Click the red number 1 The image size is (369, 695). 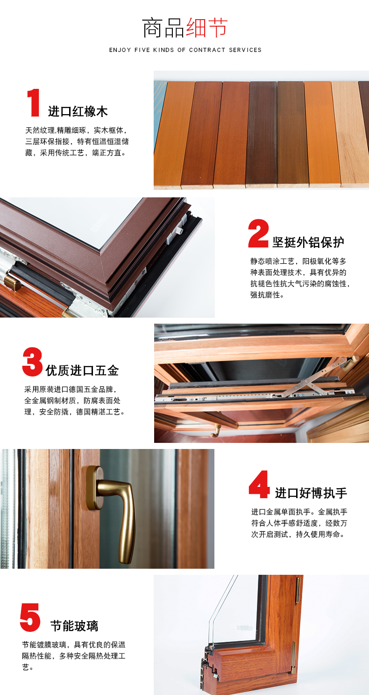pos(34,103)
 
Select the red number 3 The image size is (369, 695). pos(33,362)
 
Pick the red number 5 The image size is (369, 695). pos(30,617)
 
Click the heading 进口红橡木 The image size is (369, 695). pos(78,112)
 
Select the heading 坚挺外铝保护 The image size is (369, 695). pos(308,242)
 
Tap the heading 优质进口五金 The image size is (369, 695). pos(82,371)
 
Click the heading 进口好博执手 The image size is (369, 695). pos(311,493)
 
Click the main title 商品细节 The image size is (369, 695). pos(184,28)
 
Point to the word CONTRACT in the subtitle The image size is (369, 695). pos(207,50)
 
